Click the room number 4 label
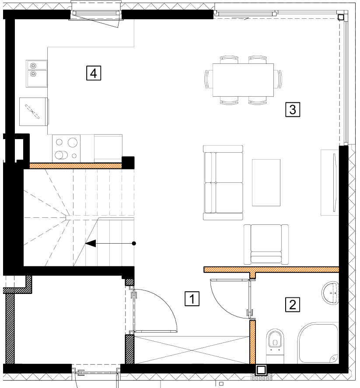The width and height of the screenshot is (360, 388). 94,73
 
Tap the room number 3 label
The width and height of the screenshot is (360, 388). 293,109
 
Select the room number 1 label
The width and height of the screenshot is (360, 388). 192,299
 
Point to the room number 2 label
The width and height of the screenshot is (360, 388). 293,304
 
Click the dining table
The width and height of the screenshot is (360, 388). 243,80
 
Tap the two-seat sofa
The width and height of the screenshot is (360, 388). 223,182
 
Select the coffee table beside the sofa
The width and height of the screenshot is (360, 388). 266,182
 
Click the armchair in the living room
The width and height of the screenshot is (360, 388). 266,245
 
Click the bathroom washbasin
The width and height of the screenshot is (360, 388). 330,293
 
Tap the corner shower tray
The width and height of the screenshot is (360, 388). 318,343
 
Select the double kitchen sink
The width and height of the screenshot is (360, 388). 37,73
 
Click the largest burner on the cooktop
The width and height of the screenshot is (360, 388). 73,143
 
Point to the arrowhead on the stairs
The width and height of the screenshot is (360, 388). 90,244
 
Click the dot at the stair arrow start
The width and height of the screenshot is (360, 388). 134,244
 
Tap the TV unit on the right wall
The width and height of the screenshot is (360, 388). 330,182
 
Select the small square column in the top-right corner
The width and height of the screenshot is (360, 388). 341,17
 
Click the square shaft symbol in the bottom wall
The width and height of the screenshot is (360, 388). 261,370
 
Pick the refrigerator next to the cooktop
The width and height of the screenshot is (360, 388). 108,148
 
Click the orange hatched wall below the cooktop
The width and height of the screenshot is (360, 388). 76,166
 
